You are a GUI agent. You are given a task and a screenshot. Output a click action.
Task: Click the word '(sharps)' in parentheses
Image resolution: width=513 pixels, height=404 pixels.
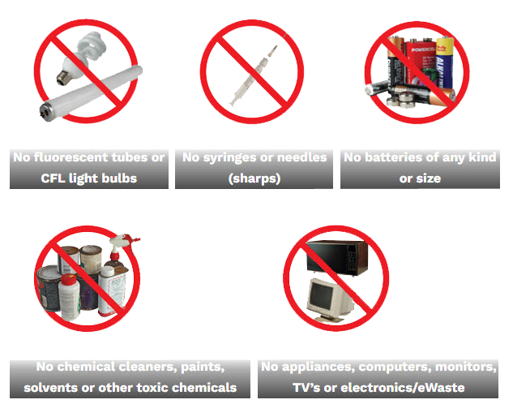pos(254,178)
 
